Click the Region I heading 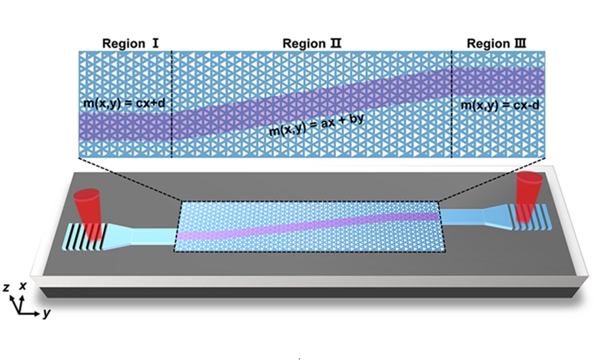[130, 44]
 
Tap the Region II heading [312, 44]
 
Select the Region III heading [496, 44]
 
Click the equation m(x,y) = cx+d [124, 103]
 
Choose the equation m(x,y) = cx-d [500, 105]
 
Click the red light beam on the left [88, 214]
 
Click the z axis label [6, 287]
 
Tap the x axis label [23, 286]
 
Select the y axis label [46, 313]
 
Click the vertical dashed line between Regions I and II [172, 104]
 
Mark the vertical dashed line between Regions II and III [452, 104]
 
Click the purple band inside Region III [499, 82]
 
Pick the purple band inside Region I [125, 127]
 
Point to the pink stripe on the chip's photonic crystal [308, 226]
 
